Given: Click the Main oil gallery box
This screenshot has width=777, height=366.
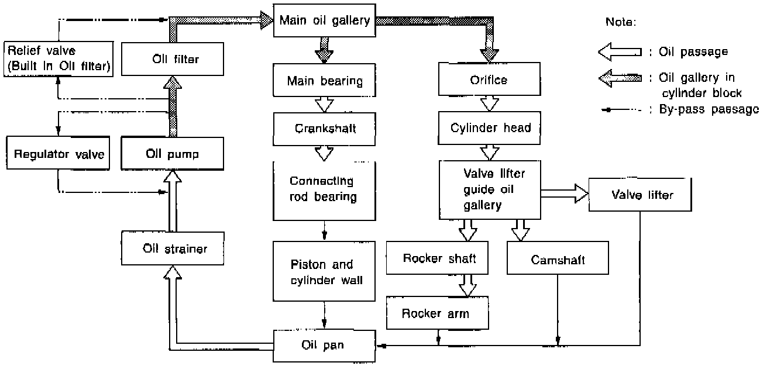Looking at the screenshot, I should point(324,21).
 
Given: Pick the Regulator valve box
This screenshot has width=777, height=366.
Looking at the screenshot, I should point(59,154).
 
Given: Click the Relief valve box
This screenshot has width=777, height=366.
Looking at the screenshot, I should point(58,58).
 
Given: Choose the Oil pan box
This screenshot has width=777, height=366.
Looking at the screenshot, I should point(324,345).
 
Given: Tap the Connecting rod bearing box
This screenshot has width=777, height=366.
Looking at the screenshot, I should point(324,189).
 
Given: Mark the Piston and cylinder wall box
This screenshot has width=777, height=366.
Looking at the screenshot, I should point(324,272).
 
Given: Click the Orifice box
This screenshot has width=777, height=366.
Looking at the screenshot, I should point(489,80).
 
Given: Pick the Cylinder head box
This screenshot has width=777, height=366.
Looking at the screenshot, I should point(490,127).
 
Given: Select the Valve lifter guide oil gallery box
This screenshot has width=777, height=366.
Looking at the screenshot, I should point(490,189).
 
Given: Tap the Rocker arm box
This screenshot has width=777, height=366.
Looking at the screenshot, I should point(436,313).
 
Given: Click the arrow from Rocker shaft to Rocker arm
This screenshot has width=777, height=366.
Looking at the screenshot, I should point(467,286).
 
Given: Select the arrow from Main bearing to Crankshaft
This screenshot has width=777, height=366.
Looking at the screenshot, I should point(324,104).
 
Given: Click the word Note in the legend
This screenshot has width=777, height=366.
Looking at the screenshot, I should point(621,22).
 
